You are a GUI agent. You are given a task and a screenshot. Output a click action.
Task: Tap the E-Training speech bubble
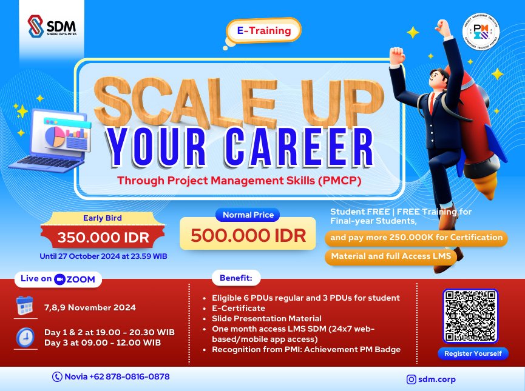(x=263, y=30)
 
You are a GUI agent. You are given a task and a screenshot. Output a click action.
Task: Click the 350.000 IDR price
(x=102, y=238)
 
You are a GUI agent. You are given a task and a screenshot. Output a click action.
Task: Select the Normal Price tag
(x=248, y=215)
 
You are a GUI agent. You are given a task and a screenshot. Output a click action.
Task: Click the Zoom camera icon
(x=59, y=279)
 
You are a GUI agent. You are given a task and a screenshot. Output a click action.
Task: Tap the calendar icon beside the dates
(x=25, y=307)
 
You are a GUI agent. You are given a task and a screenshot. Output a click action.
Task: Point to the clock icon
(x=25, y=338)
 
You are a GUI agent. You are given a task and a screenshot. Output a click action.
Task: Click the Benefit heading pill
(x=236, y=279)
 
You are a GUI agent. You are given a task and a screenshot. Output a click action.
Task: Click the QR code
(x=470, y=316)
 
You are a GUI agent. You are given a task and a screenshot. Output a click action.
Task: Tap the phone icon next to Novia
(x=58, y=376)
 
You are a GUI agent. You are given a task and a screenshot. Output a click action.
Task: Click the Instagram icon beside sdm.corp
(x=412, y=379)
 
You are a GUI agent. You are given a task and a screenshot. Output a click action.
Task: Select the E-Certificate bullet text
(x=239, y=309)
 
